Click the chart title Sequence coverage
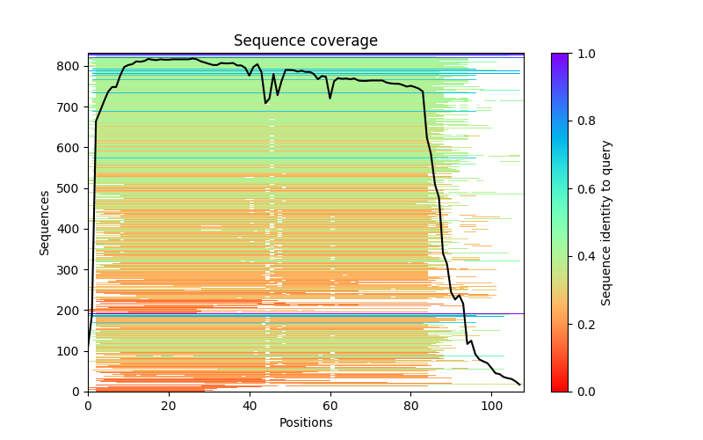click(x=305, y=41)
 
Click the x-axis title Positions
click(x=305, y=422)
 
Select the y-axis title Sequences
click(x=45, y=222)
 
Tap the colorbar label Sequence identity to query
click(x=606, y=222)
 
